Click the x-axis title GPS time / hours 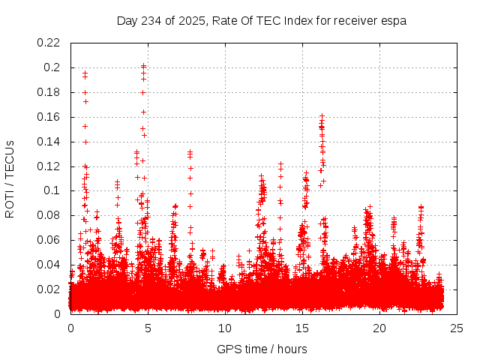click(x=262, y=349)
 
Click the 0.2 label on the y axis click(x=52, y=67)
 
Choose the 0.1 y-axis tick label click(x=52, y=190)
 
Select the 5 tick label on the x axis click(x=148, y=328)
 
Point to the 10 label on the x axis click(x=225, y=328)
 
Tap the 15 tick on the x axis click(x=302, y=328)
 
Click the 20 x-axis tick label click(x=379, y=328)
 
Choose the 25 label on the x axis click(x=457, y=328)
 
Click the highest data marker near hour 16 click(x=322, y=116)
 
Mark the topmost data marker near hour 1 click(x=85, y=73)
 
